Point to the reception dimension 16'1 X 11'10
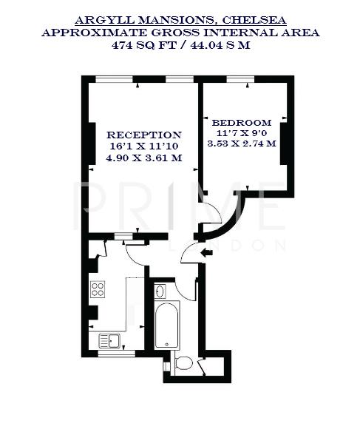144,146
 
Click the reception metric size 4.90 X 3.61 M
144,158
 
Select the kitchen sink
110,340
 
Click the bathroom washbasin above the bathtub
163,291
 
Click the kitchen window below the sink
116,354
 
